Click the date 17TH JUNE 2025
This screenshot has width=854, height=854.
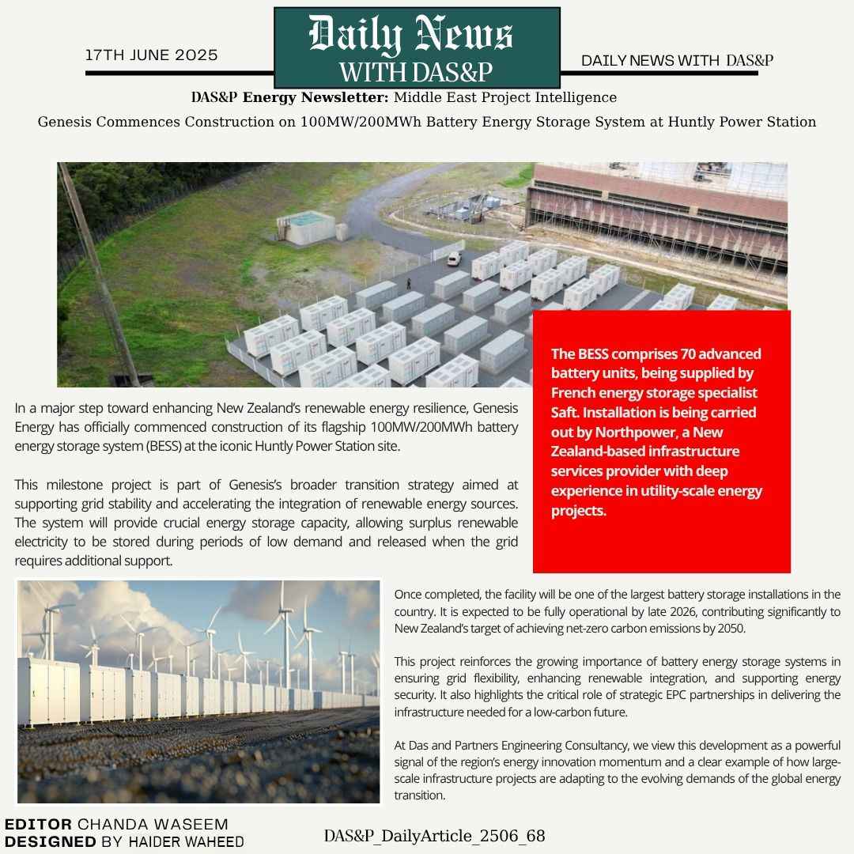[152, 55]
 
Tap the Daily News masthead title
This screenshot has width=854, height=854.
[411, 36]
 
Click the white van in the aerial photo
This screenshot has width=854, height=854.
[453, 258]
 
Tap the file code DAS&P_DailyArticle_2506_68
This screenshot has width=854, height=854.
[434, 836]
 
